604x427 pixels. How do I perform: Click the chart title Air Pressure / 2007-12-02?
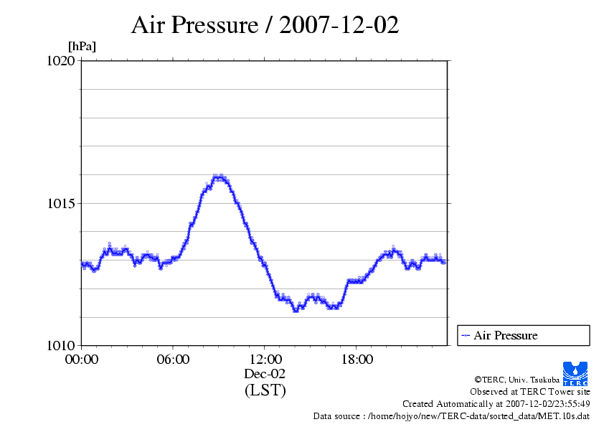(265, 25)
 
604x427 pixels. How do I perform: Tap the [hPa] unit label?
(82, 47)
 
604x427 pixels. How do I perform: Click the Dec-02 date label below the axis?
(265, 374)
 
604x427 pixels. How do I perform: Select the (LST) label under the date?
(265, 391)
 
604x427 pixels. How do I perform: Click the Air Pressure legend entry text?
(505, 335)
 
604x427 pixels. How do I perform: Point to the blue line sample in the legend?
(466, 335)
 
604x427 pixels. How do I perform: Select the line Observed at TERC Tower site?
(530, 392)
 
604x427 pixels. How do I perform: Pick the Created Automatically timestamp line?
(496, 404)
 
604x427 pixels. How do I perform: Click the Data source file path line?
(451, 416)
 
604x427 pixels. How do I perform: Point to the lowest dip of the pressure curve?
(296, 310)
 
